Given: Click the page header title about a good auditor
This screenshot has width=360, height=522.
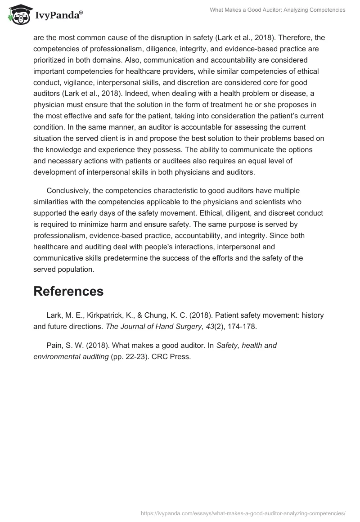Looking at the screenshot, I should (278, 10).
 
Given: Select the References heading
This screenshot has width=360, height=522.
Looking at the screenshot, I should (68, 291).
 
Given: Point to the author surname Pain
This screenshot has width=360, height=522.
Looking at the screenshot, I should (54, 346).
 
